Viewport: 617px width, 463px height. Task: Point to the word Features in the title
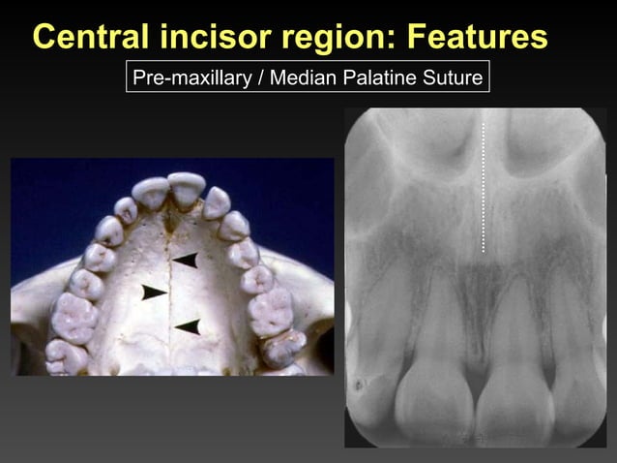click(x=477, y=38)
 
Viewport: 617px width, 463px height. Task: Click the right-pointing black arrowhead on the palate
click(x=154, y=292)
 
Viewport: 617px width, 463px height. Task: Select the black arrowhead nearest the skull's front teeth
click(x=185, y=260)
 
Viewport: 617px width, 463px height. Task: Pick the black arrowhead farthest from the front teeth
click(x=188, y=326)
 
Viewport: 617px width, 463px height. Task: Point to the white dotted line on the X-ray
click(x=484, y=184)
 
